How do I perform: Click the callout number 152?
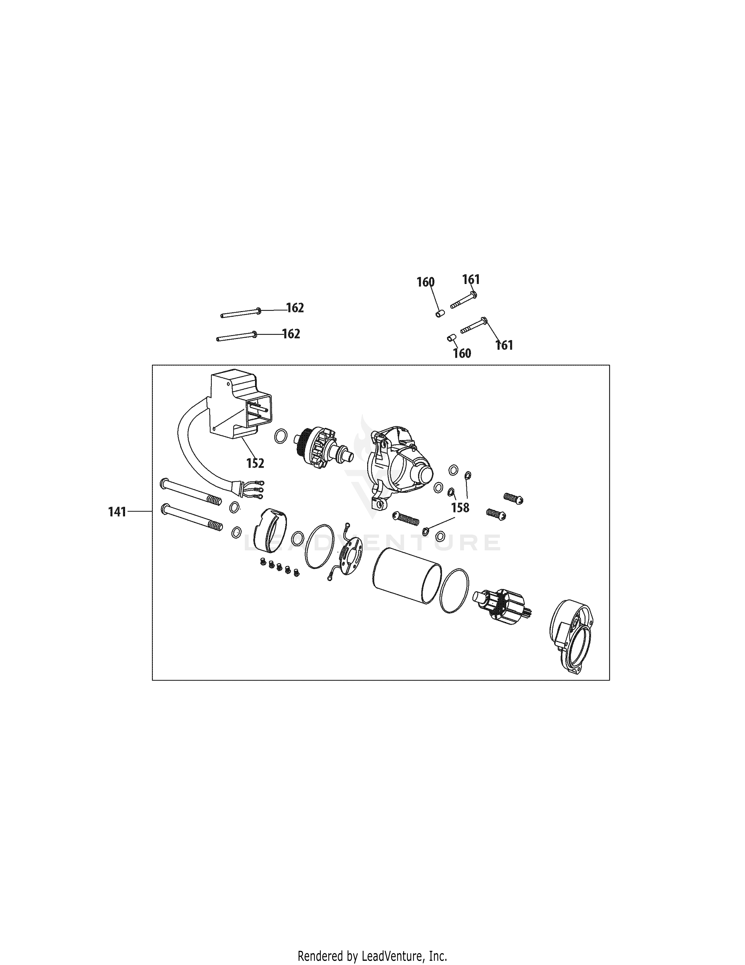(x=255, y=463)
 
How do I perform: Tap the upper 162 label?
(x=295, y=308)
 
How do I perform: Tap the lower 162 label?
(x=291, y=334)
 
